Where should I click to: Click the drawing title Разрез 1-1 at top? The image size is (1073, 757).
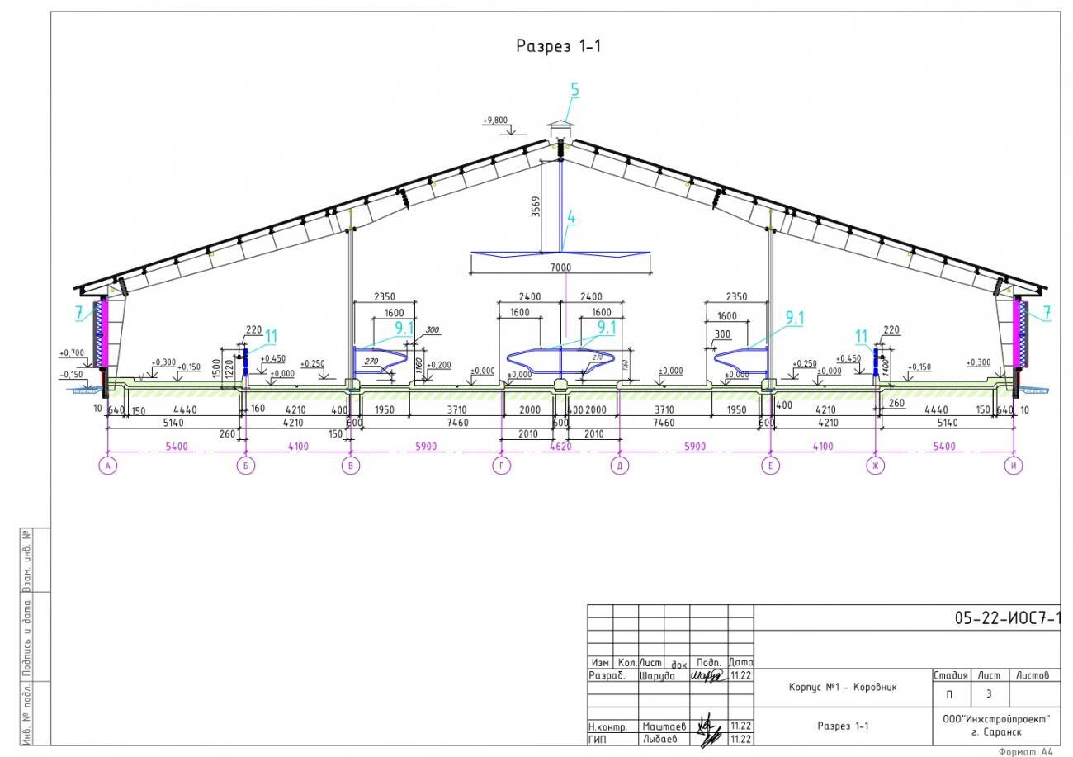559,46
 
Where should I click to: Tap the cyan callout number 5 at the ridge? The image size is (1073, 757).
574,91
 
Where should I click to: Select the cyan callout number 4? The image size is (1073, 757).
570,219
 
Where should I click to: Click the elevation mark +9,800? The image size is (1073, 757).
495,121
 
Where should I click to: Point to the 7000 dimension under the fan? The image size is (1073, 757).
560,267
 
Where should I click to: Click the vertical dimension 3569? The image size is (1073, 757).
536,206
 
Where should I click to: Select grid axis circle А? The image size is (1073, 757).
107,466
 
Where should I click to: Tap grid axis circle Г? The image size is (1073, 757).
501,466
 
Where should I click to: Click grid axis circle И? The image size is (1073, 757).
1014,466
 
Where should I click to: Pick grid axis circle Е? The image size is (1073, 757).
771,466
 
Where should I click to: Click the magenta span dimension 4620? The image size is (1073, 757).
560,447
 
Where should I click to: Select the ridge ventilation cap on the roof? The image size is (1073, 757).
560,128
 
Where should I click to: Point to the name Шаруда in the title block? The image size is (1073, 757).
657,675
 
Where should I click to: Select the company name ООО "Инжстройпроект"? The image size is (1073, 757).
996,719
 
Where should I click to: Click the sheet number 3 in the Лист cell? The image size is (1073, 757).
988,693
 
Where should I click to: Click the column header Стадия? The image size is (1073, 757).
950,675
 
